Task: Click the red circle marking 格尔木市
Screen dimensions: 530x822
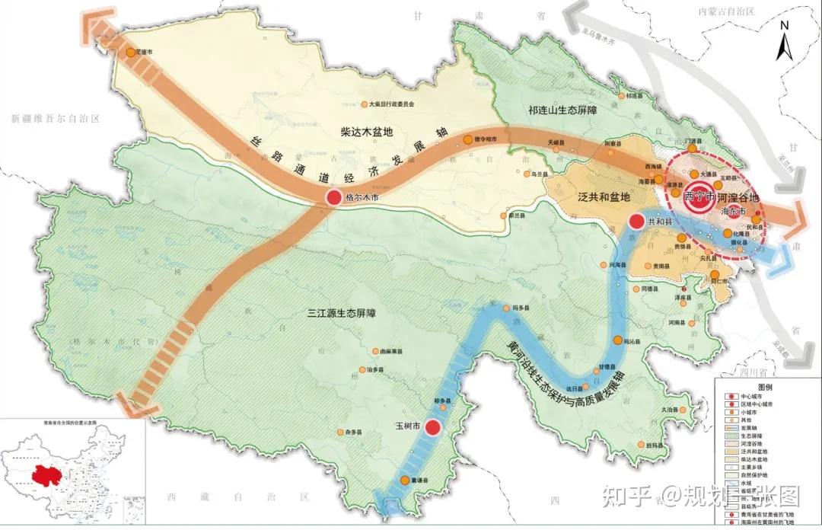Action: (x=333, y=198)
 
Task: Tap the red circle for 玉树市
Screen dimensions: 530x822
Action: (x=433, y=428)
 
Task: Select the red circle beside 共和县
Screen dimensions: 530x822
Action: (x=636, y=221)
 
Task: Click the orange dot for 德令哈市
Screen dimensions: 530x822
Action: (x=467, y=139)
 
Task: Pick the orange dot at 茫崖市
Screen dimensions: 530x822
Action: (x=130, y=53)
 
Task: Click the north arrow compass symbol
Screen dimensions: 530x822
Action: (x=785, y=43)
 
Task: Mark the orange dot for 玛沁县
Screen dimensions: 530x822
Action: (x=618, y=340)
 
